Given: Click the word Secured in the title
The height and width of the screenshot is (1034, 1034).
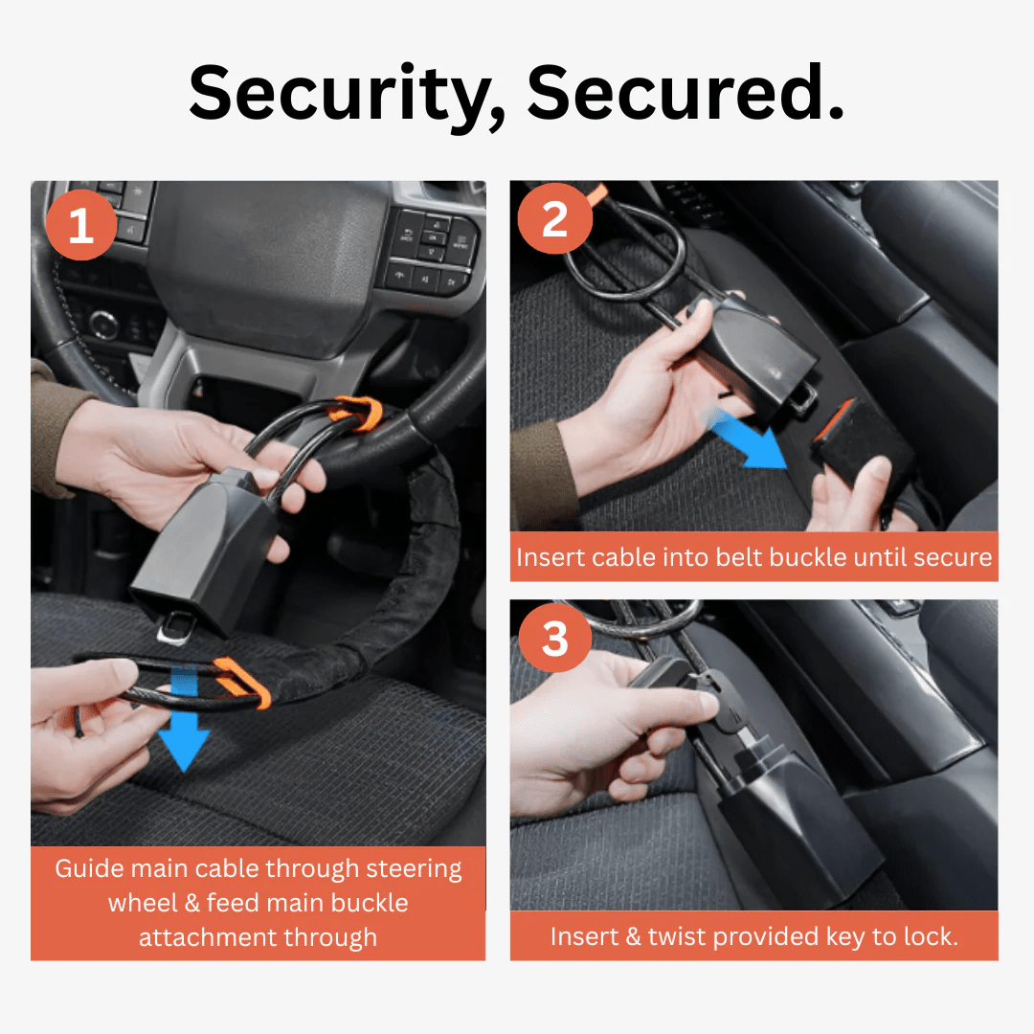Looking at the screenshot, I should pyautogui.click(x=685, y=94).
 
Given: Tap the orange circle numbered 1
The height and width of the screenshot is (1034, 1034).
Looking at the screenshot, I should pyautogui.click(x=81, y=227).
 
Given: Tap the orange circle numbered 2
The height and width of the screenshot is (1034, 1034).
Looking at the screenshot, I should pyautogui.click(x=554, y=222).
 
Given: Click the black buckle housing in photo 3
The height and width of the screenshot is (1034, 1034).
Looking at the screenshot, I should pyautogui.click(x=785, y=823).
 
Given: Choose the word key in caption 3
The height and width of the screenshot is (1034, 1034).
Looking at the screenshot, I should pyautogui.click(x=839, y=936).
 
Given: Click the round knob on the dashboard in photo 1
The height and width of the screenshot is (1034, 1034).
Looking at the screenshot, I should pyautogui.click(x=102, y=326).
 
